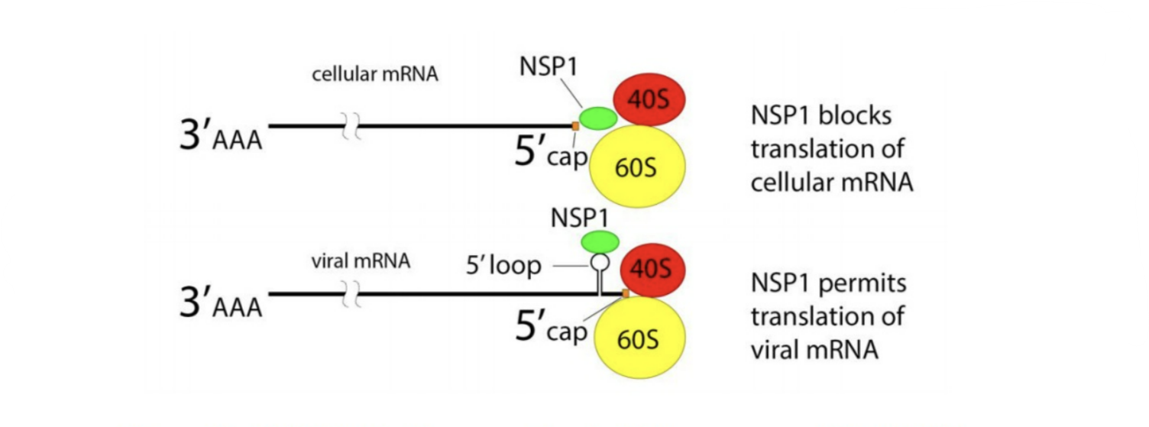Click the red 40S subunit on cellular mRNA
(x=649, y=99)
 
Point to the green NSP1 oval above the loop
(x=600, y=242)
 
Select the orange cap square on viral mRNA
(x=625, y=293)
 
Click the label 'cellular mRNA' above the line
(x=375, y=76)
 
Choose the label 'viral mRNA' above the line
(x=361, y=260)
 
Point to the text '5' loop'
(x=503, y=266)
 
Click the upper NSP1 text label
(x=548, y=67)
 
